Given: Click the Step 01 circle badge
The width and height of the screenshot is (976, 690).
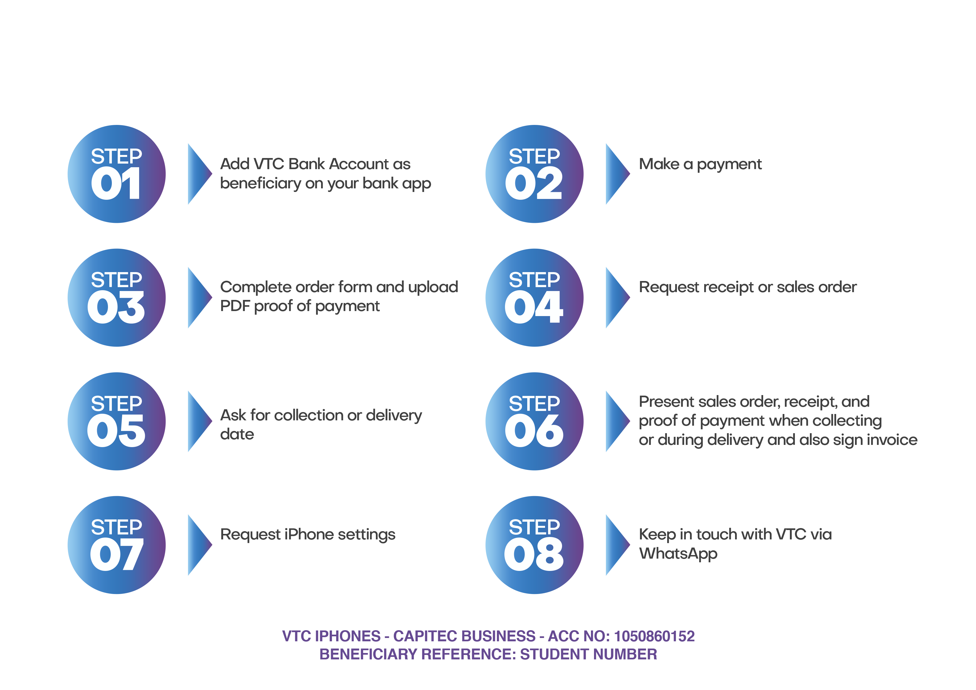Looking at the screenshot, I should (117, 174).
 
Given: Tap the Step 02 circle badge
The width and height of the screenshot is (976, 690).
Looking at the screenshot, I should (534, 174).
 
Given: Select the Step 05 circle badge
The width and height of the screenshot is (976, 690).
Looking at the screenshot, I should (117, 421).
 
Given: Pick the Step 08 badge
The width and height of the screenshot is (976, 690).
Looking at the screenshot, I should (534, 545).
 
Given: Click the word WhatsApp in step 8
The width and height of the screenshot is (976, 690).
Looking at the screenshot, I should (678, 554).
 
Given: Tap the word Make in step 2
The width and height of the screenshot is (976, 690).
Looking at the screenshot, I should (659, 164).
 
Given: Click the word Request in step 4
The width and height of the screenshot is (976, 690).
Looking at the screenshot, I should (669, 288).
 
